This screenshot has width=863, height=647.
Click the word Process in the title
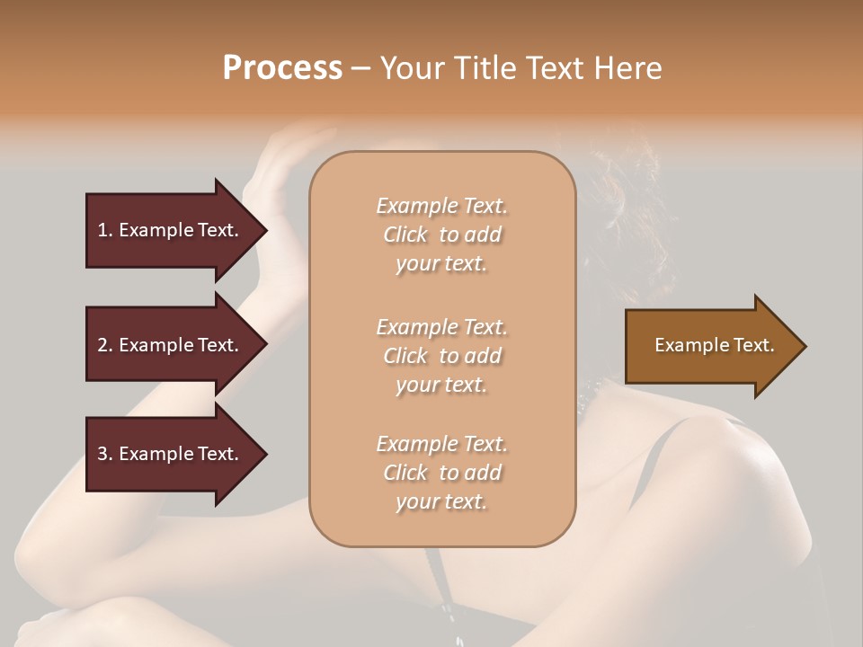[x=282, y=68]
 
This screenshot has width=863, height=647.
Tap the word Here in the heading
[x=628, y=68]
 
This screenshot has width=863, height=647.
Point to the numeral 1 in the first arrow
[x=102, y=230]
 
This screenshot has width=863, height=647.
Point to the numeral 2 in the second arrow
[x=102, y=345]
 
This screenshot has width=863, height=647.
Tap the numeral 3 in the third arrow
[x=102, y=454]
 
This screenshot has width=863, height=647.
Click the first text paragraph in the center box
[x=442, y=235]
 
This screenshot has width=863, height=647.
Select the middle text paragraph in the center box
[x=442, y=355]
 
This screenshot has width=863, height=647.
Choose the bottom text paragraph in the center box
[x=442, y=473]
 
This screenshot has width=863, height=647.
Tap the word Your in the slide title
[x=411, y=68]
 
